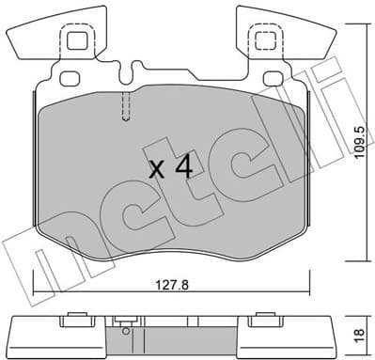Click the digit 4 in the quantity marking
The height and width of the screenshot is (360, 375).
[184, 168]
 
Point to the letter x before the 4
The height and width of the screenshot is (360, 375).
[157, 170]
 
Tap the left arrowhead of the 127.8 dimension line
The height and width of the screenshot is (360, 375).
[37, 288]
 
